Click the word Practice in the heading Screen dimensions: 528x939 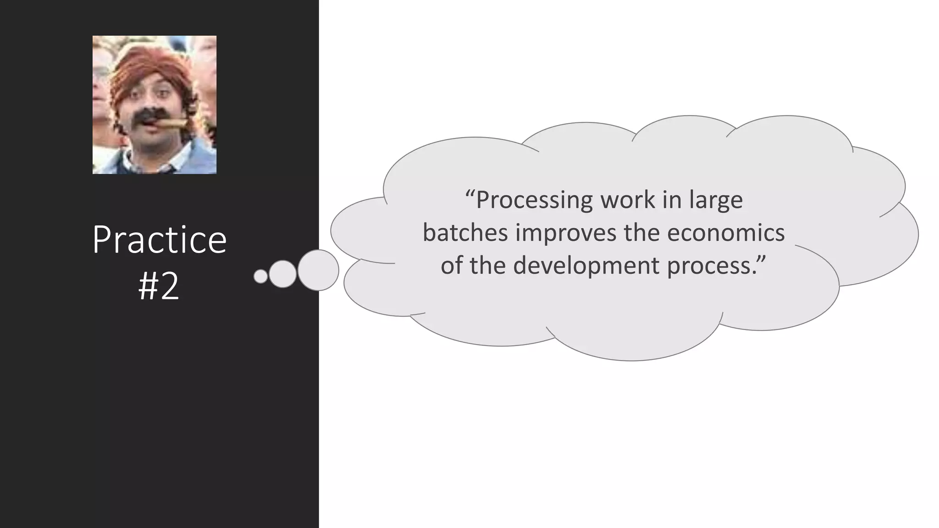(x=159, y=240)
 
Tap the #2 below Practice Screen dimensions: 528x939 (x=159, y=287)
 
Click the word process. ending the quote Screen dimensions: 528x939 (x=716, y=266)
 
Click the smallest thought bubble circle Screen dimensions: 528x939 (x=260, y=276)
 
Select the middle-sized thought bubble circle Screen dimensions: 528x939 (x=282, y=274)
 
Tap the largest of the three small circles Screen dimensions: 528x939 (x=318, y=270)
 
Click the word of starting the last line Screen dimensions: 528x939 (x=452, y=266)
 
